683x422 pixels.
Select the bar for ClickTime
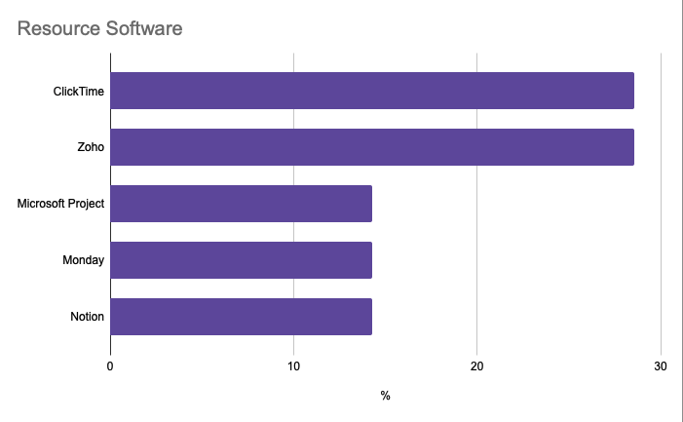point(371,91)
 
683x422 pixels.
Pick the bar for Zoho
point(371,147)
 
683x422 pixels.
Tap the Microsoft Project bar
point(241,204)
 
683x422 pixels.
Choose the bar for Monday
point(241,260)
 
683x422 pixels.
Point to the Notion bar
point(241,317)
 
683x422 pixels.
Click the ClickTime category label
point(79,92)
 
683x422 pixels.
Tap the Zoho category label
point(91,148)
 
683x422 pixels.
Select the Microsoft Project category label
point(60,205)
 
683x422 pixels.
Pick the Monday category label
point(83,261)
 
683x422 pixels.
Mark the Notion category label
point(87,318)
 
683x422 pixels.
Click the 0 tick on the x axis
point(110,365)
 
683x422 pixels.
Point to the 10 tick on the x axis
point(293,365)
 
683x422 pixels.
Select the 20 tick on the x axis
point(476,365)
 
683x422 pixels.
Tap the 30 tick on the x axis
point(661,365)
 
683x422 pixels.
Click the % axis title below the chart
point(385,396)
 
